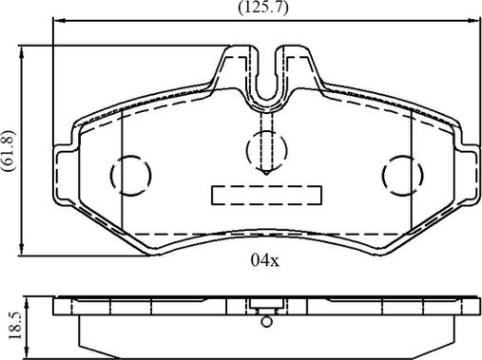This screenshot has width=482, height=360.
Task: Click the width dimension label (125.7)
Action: coord(263,8)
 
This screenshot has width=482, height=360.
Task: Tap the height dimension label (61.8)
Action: coord(9,151)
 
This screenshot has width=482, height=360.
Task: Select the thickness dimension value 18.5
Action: coord(14,326)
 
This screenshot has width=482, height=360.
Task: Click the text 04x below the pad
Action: coord(265,260)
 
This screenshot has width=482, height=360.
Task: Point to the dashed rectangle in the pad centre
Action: coord(266,196)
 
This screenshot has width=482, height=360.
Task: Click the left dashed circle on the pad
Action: coord(131,175)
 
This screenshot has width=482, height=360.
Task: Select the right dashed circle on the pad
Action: coord(402,175)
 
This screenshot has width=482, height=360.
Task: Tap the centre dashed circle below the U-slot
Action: coord(266,150)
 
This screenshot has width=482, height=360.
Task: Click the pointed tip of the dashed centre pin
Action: coord(266,175)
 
